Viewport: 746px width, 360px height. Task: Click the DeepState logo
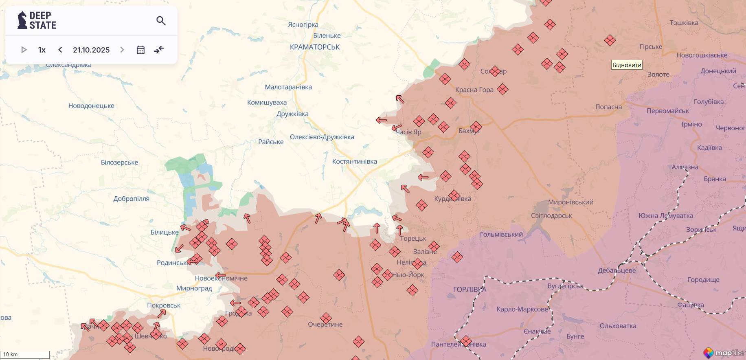37,20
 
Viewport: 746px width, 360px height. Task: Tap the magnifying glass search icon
161,20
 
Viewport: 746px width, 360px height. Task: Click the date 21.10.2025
91,50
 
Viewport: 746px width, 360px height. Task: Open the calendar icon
140,50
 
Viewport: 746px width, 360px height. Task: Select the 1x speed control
42,50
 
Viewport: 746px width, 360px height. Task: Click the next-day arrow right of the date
122,50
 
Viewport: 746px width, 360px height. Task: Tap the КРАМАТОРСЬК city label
314,47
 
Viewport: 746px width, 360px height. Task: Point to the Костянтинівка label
354,162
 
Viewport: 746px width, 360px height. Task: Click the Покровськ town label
164,305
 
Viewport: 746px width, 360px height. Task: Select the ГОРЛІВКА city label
470,290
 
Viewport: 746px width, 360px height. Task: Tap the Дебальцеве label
617,271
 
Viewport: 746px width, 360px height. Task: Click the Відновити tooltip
627,65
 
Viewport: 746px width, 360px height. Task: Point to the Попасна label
608,107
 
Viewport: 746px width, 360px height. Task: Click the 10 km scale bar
24,355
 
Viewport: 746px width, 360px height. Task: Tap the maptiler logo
724,353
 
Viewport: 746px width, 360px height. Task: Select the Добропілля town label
131,199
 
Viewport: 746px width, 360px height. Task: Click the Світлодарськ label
551,216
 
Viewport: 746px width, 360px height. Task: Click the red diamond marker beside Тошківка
610,40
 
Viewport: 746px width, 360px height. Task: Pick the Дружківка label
292,114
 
